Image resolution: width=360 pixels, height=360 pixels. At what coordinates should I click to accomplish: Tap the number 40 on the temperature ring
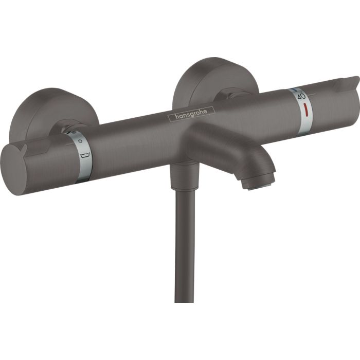pyautogui.click(x=301, y=96)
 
